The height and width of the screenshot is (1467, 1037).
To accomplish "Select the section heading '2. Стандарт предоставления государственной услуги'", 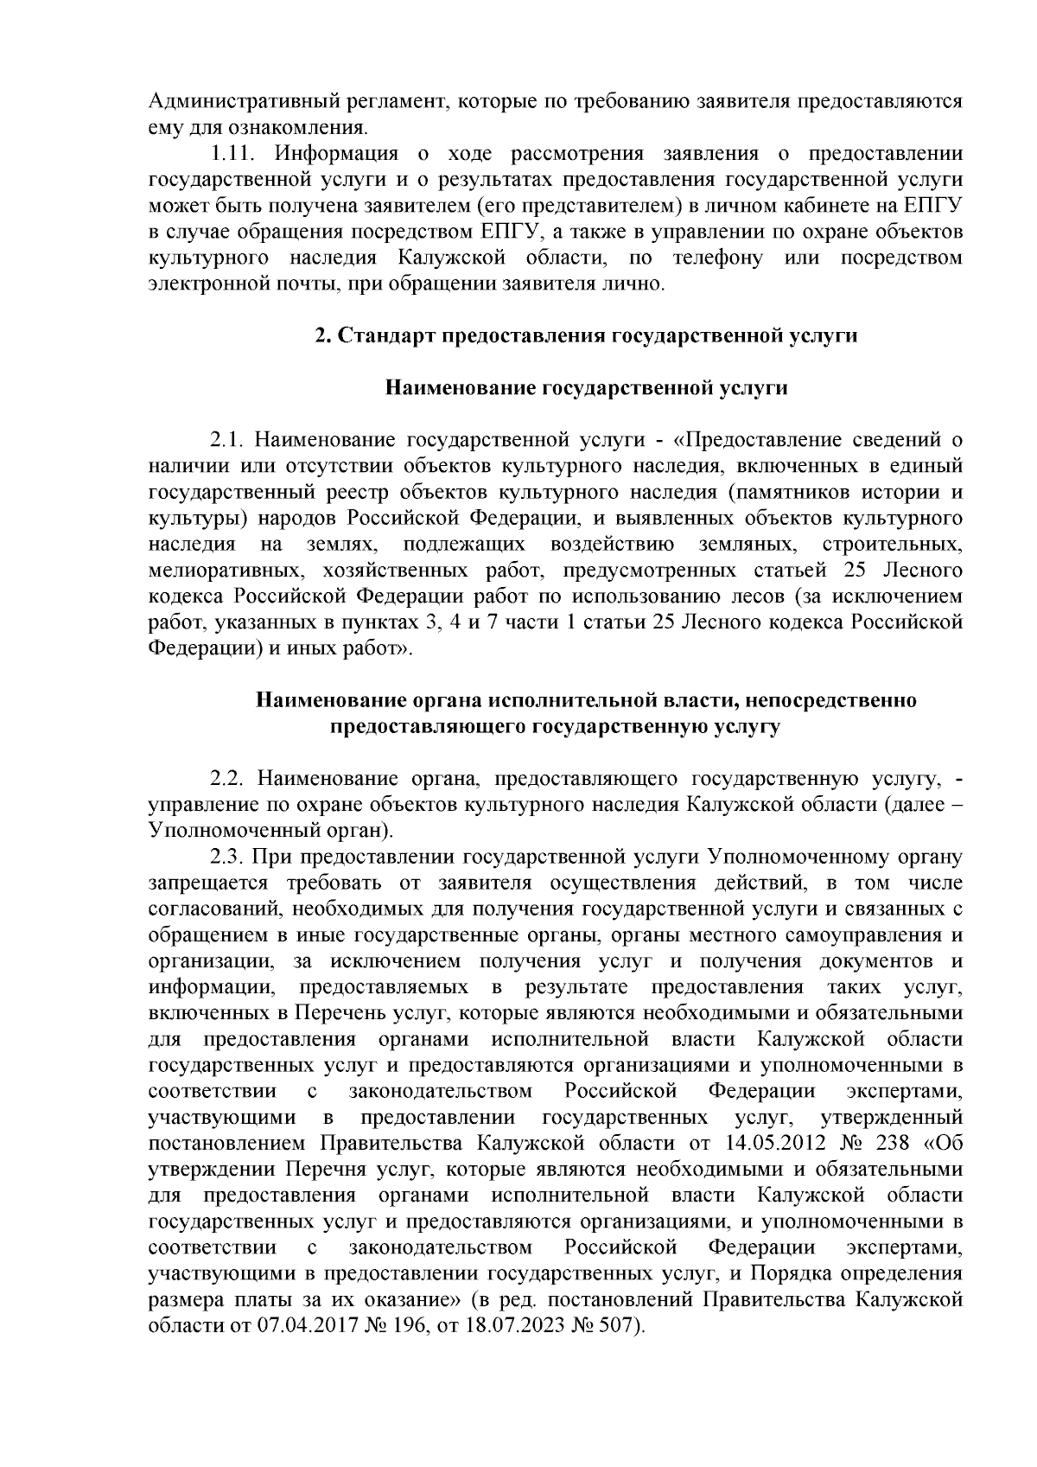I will (586, 335).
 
